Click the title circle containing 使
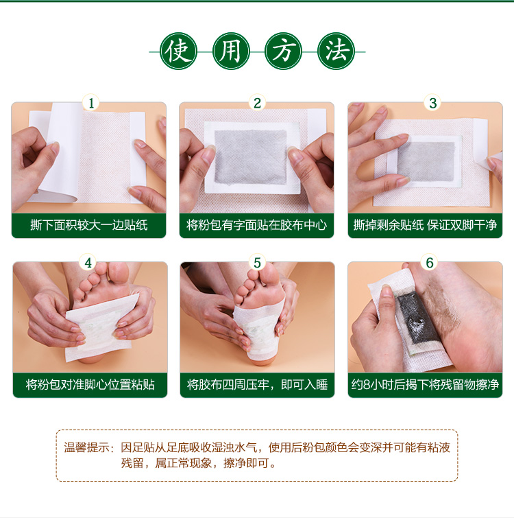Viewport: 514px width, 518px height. [178, 51]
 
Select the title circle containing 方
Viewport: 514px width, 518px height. [284, 51]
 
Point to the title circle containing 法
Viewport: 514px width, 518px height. [336, 51]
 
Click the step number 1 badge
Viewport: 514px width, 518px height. [90, 104]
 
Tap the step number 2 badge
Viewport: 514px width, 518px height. [257, 104]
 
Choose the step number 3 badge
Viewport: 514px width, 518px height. [432, 104]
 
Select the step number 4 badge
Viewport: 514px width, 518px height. [88, 263]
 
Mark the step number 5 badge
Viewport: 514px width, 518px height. [257, 263]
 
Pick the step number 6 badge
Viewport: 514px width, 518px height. [430, 263]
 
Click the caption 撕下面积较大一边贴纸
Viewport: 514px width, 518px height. [89, 225]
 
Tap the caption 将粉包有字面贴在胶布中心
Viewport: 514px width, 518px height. [257, 225]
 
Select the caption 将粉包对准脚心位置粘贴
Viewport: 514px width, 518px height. [90, 385]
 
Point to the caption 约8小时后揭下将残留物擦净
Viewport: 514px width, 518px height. [425, 385]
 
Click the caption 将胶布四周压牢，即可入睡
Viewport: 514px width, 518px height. [257, 385]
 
